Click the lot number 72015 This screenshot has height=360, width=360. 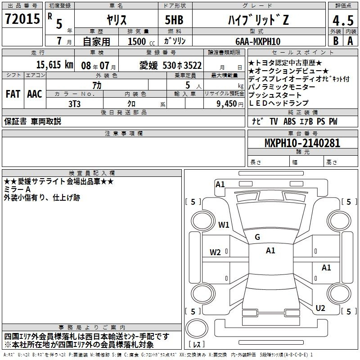(x=22, y=19)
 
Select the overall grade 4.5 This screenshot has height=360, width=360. (x=343, y=20)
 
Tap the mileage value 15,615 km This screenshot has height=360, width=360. (x=54, y=65)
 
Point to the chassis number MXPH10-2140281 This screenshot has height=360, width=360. (x=302, y=143)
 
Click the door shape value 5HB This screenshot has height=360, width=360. (x=174, y=20)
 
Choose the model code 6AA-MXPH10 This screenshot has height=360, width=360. (x=258, y=41)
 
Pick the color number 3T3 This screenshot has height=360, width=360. (x=74, y=104)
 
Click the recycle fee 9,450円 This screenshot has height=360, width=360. (x=230, y=104)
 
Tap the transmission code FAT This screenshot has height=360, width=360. (x=13, y=94)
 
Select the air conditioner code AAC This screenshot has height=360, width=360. (x=35, y=94)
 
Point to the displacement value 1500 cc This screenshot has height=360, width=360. (x=141, y=41)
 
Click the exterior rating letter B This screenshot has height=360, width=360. (x=336, y=41)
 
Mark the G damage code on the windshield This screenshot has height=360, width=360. (x=257, y=237)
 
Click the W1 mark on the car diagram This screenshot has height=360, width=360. (x=224, y=225)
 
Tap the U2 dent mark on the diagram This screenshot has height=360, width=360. (x=320, y=308)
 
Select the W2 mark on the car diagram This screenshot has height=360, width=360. (x=215, y=252)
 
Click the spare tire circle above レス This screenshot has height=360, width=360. (x=197, y=328)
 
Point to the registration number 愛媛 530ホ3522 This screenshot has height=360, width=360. (x=171, y=66)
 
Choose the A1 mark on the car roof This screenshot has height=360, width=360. (x=270, y=251)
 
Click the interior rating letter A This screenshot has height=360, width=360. (x=350, y=41)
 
